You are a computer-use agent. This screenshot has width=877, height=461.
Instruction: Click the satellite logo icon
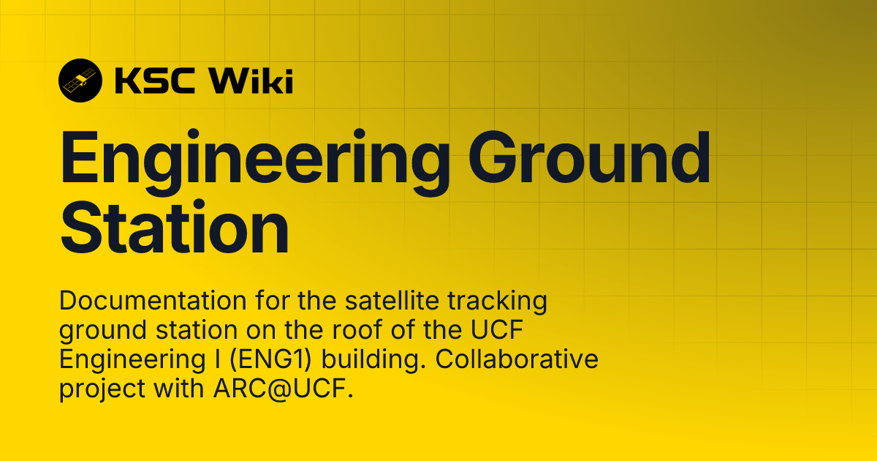(80, 80)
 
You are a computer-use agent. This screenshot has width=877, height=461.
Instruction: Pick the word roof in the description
(368, 331)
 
